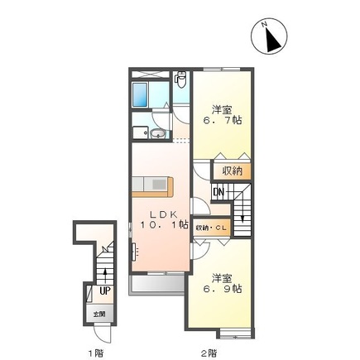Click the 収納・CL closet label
click(x=213, y=228)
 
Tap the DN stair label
click(x=218, y=194)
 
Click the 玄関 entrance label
click(x=100, y=314)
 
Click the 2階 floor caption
click(x=209, y=352)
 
